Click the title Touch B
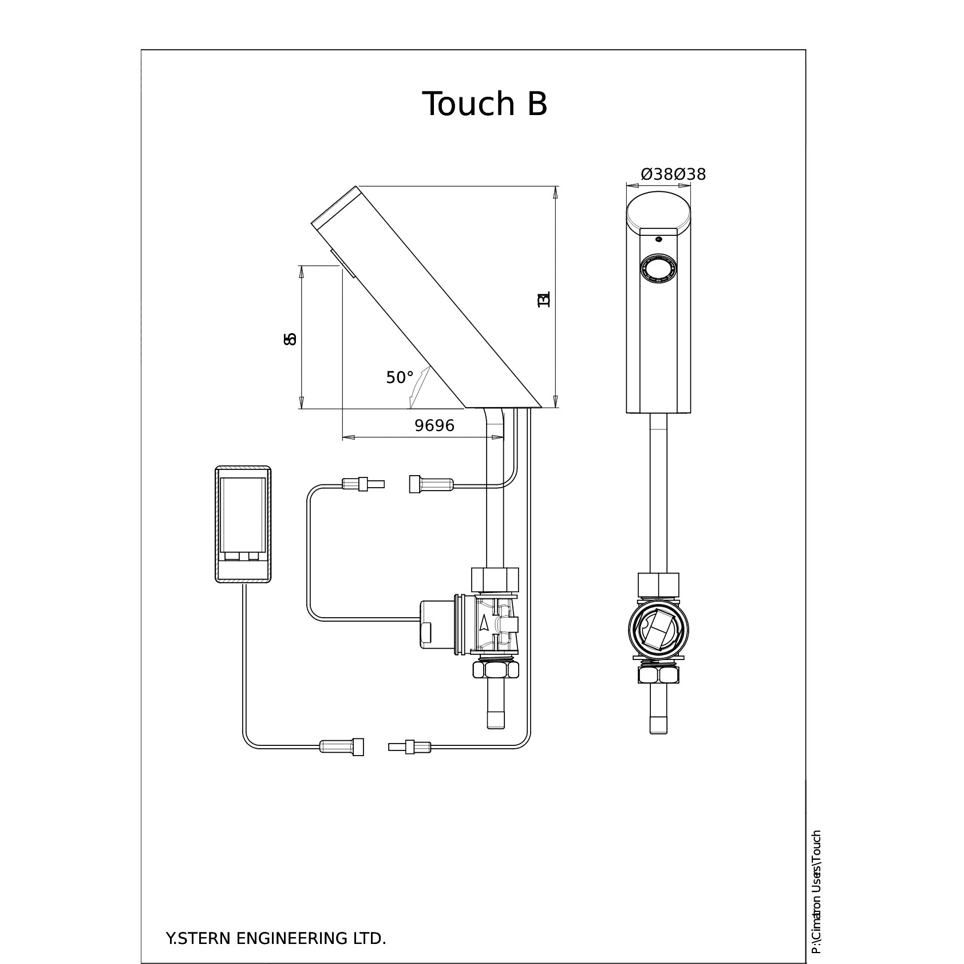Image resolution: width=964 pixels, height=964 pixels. click(485, 104)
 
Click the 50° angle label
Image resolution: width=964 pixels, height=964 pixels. click(400, 378)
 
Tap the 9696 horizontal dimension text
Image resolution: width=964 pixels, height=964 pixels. click(434, 425)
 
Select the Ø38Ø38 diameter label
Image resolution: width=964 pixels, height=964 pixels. click(673, 174)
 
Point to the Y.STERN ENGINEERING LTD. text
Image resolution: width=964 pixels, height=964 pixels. click(276, 923)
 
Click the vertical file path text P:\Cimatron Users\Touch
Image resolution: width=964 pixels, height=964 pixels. click(816, 892)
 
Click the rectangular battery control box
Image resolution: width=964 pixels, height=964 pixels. click(243, 525)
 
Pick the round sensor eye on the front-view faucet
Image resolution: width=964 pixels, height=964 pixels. click(658, 268)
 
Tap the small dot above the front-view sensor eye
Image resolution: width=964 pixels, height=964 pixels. click(658, 238)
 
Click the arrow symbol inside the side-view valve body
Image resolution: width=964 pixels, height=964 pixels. click(485, 623)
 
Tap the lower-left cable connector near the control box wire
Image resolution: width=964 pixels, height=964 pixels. click(341, 746)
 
